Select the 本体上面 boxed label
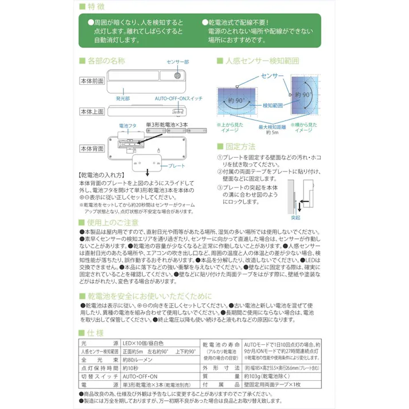click(x=91, y=111)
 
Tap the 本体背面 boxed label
click(x=91, y=148)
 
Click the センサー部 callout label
click(x=178, y=61)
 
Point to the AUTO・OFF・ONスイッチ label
click(x=178, y=98)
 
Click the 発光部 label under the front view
click(x=123, y=98)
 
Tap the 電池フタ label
click(x=127, y=124)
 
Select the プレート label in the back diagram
click(x=177, y=165)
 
